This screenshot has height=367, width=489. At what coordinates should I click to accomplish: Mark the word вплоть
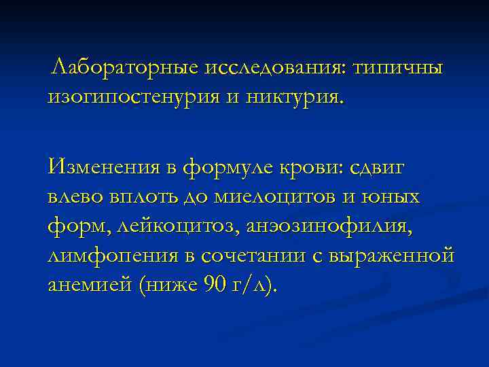tap(145, 197)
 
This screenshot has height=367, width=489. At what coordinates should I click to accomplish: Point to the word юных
tap(395, 197)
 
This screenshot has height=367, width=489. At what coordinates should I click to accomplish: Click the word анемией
tap(89, 285)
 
